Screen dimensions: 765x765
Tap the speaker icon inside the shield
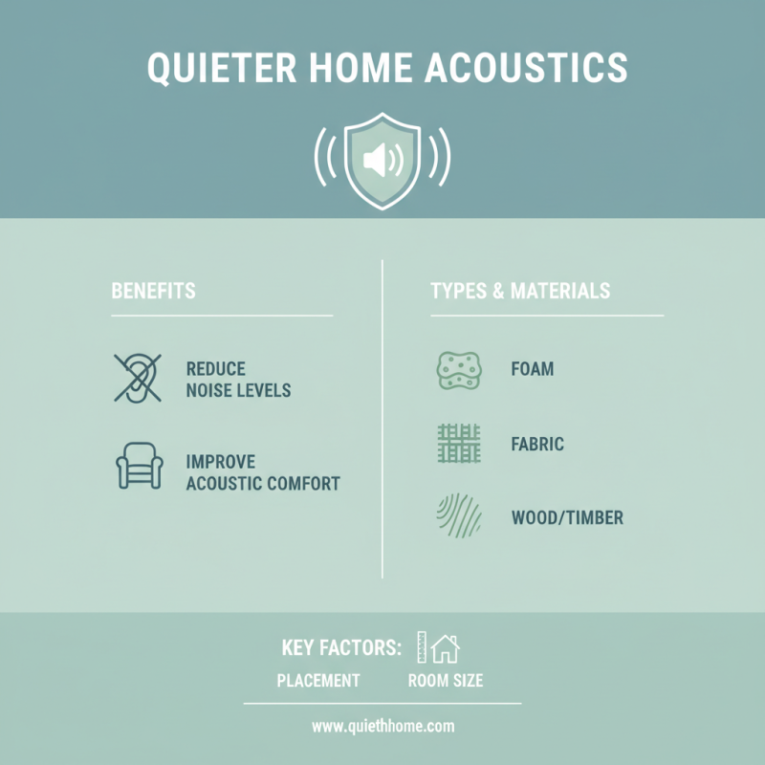(x=382, y=160)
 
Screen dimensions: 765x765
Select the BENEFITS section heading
(x=153, y=291)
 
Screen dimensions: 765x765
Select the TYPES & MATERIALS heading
(x=520, y=291)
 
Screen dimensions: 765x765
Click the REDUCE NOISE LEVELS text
(x=238, y=380)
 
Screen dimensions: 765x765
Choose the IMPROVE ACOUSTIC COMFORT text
(x=263, y=472)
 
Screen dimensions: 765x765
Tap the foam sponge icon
(x=458, y=369)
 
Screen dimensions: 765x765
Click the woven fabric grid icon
(x=458, y=444)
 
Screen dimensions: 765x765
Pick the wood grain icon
(x=458, y=517)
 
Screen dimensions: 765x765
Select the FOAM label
(x=533, y=369)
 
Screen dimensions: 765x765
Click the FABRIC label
(x=537, y=445)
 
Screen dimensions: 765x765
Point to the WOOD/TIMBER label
(x=567, y=518)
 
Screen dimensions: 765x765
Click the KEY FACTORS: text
(x=341, y=648)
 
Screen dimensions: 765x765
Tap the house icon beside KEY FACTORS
(x=445, y=649)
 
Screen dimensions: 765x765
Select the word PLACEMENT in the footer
(x=318, y=682)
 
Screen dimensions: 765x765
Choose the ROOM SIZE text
(x=445, y=682)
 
